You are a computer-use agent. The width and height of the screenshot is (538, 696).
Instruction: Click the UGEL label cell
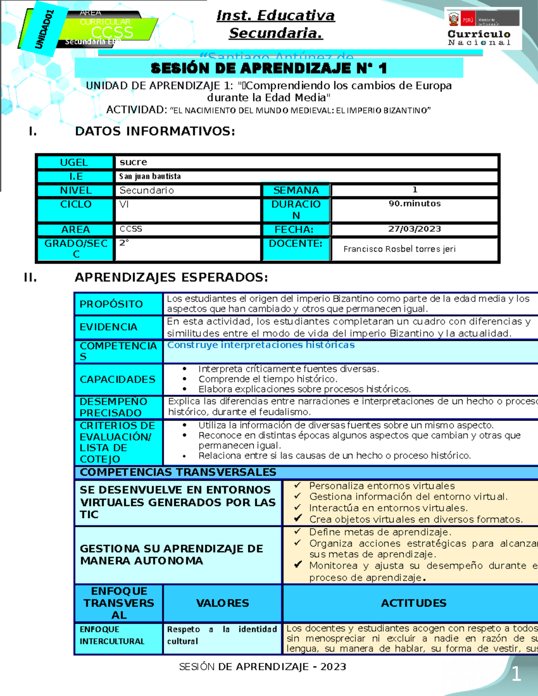pos(74,162)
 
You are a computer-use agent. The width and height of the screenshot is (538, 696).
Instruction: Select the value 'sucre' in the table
pos(133,162)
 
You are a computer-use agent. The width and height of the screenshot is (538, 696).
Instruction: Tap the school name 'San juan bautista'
pos(150,177)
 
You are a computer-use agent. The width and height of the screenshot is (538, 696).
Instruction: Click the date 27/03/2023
pos(414,229)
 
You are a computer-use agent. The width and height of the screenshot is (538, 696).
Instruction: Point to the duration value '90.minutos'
pos(414,203)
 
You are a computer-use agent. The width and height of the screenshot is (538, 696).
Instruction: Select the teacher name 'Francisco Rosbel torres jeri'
pos(399,249)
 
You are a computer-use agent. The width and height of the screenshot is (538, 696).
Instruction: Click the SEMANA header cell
pos(296,190)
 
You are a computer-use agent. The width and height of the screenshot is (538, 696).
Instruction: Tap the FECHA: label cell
pos(294,229)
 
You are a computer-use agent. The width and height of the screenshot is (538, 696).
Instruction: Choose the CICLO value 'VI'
pos(124,204)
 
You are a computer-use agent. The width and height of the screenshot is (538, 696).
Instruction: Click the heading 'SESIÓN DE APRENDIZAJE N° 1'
pos(269,69)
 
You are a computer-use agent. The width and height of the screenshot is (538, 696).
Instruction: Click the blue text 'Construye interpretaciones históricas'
pos(260,345)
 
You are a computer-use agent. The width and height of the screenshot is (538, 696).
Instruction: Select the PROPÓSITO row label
pos(111,304)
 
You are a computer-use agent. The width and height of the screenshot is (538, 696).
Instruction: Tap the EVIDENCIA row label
pos(108,327)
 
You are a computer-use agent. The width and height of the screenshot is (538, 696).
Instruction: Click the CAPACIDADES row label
pos(117,379)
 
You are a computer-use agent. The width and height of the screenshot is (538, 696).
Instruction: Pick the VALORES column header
pos(222,603)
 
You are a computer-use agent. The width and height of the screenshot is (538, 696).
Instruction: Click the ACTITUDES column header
pos(413,603)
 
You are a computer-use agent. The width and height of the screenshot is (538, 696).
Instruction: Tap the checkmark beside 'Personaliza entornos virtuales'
pos(297,485)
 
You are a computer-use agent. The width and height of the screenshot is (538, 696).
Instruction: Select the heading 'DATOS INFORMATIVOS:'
pos(155,131)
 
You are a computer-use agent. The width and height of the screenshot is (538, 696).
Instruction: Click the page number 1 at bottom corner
pos(516,674)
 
